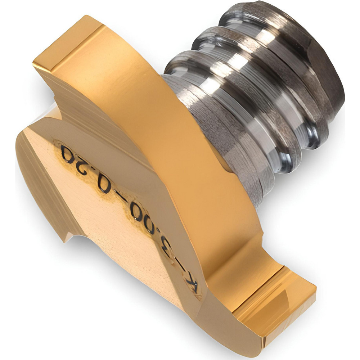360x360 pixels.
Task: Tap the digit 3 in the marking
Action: click(x=175, y=252)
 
